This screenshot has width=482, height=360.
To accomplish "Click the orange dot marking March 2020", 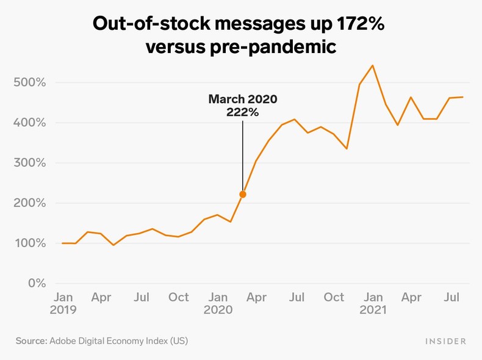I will click(243, 195).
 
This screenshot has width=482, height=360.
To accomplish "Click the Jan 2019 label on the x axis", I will click(64, 303).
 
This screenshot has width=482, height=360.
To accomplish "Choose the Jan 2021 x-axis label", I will click(373, 303).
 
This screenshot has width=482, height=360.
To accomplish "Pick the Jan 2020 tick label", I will click(218, 303).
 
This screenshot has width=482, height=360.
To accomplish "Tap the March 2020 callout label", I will click(243, 99).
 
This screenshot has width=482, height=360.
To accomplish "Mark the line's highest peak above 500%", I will click(373, 65).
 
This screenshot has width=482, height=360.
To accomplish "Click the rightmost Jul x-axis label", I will click(452, 297).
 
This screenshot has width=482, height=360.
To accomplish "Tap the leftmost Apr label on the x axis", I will click(102, 297).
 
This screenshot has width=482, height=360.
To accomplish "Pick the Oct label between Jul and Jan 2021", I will click(334, 297).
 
